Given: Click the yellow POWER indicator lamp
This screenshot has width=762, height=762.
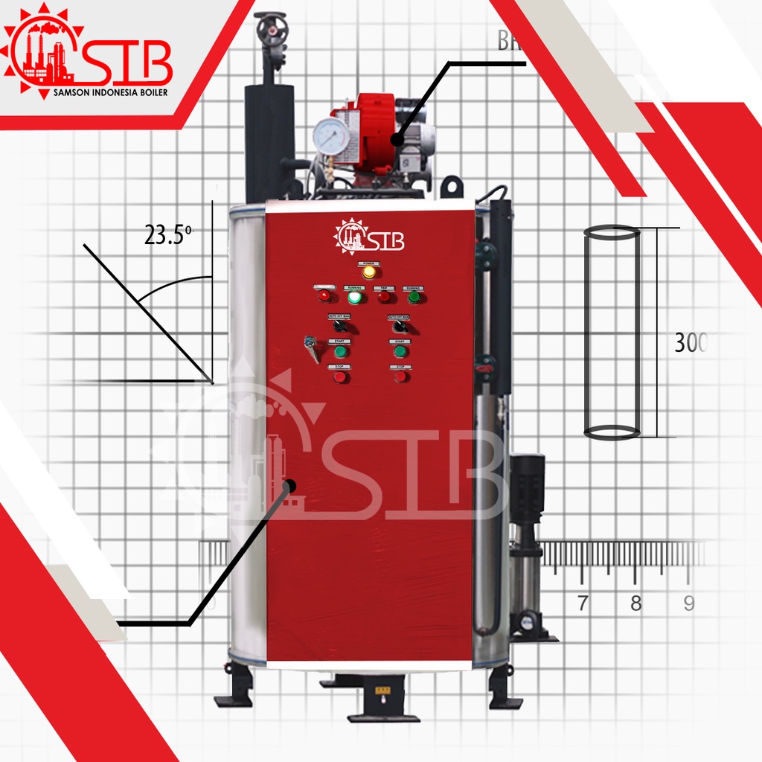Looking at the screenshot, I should point(369,272).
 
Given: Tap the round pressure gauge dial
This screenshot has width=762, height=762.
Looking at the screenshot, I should point(331,135).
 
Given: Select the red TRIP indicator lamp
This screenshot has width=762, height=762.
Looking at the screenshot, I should point(384,297).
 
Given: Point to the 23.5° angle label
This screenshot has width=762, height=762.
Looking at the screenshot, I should point(168,236).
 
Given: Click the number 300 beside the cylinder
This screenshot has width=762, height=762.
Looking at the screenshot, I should point(690,343).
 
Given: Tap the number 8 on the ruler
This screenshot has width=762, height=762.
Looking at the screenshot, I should point(635,603).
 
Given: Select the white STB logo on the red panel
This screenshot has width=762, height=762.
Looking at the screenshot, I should point(369,236).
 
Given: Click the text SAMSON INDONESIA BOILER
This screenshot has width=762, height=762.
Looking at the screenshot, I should point(111,93).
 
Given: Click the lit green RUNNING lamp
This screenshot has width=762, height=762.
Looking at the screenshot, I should point(354,298).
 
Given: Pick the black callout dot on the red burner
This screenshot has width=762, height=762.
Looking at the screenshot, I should point(397,139).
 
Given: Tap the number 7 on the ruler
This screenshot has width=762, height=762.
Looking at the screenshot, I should point(583,603).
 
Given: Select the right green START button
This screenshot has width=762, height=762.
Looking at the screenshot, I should point(400,351).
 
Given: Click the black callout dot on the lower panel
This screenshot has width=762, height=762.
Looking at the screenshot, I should point(289,487).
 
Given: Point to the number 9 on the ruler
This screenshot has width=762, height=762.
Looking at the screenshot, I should point(689,603).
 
